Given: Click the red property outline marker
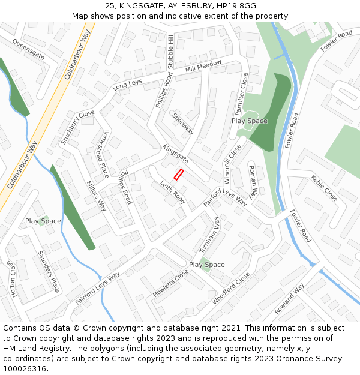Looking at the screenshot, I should [x=178, y=174].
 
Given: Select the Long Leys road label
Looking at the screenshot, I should [x=127, y=83].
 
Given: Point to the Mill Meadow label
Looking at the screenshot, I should [x=203, y=67].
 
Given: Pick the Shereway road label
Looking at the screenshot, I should [x=183, y=124].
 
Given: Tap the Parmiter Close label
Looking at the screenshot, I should [x=241, y=94].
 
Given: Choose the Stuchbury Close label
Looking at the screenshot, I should [x=77, y=127].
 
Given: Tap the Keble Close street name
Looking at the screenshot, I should [x=324, y=188].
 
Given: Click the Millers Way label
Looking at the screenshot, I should [x=96, y=196].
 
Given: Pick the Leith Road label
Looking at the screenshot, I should [x=172, y=193].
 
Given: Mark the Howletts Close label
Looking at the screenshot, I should [x=170, y=283].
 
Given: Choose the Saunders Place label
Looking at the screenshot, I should [x=48, y=271].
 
